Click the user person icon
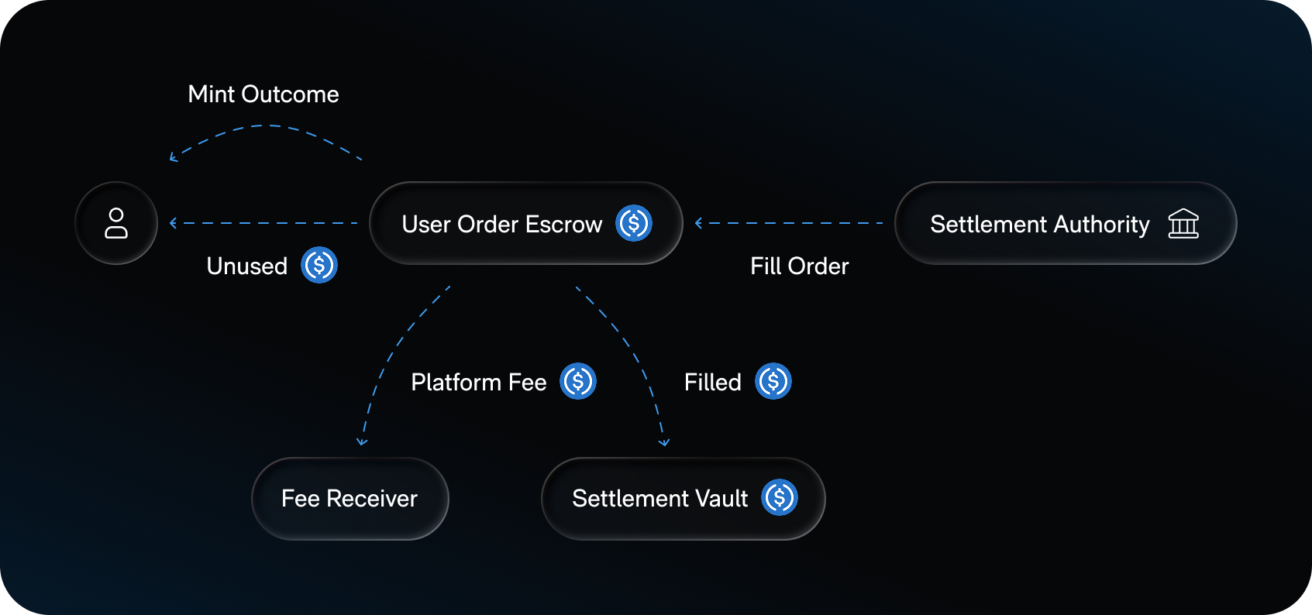click(116, 223)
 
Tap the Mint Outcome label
click(263, 94)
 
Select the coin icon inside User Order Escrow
click(634, 223)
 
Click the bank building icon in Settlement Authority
click(1183, 224)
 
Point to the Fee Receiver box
click(350, 498)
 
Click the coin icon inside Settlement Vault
click(780, 497)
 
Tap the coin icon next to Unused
click(319, 265)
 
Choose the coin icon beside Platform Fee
click(578, 381)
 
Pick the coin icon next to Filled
click(773, 381)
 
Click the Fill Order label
click(799, 266)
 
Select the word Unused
click(246, 266)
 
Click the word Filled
click(712, 383)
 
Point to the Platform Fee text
click(478, 383)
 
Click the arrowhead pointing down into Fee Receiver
click(362, 441)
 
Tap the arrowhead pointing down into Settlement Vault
click(664, 441)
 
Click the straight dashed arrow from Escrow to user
click(263, 223)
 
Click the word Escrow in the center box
click(563, 225)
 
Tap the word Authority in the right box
click(1101, 225)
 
